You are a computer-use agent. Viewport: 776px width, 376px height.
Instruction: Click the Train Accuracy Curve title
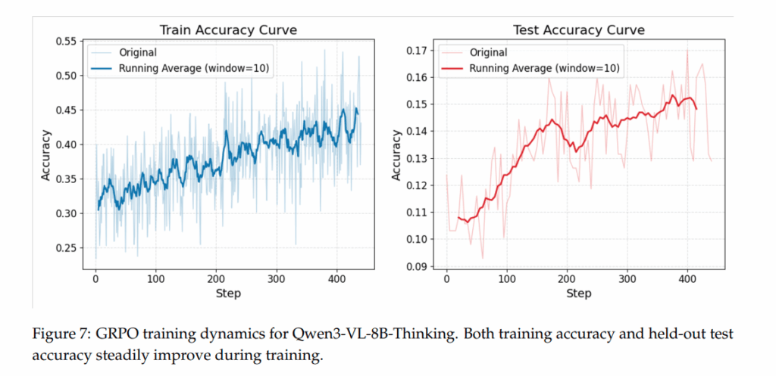tap(227, 30)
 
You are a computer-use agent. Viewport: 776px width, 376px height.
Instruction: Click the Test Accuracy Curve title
tap(578, 30)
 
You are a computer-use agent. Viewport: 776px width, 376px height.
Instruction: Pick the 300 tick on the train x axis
tap(277, 278)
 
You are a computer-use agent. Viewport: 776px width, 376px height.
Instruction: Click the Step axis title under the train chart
tap(227, 293)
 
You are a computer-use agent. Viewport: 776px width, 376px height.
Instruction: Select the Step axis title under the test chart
tap(578, 293)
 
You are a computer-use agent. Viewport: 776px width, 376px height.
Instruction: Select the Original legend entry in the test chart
tap(488, 53)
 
